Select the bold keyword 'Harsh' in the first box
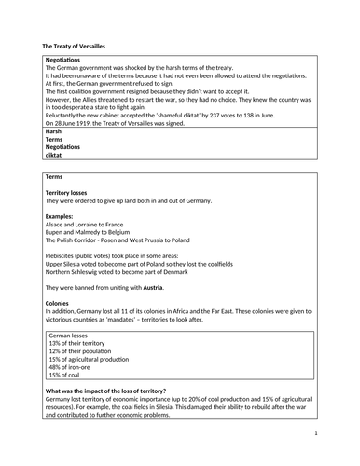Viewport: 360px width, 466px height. (x=53, y=132)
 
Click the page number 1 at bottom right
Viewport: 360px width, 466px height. (x=316, y=433)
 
